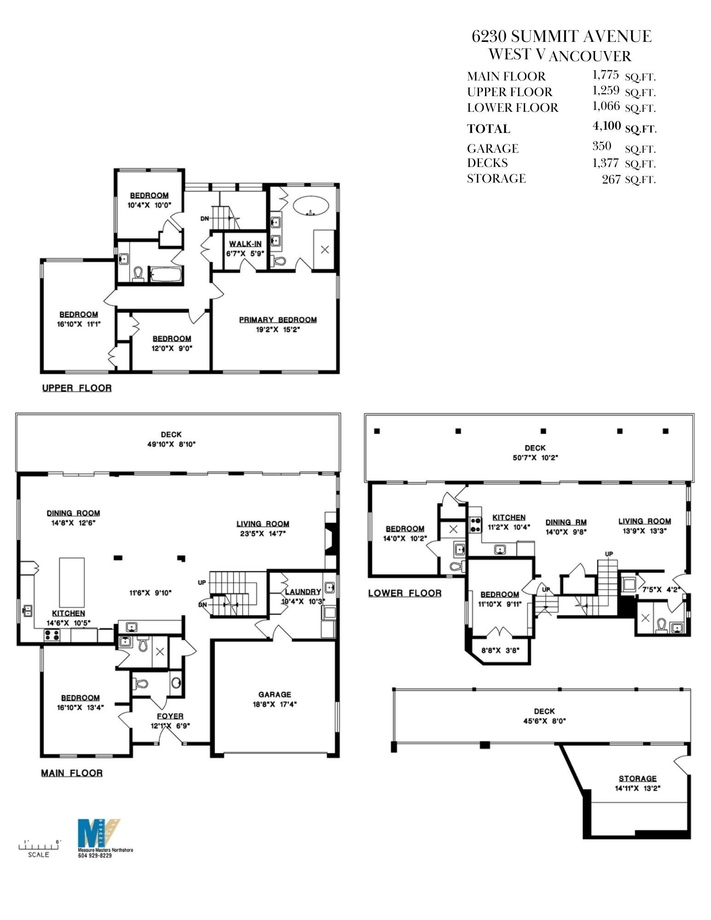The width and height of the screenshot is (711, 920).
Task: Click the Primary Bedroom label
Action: pyautogui.click(x=277, y=320)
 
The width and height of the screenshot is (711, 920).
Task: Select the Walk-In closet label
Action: pyautogui.click(x=245, y=244)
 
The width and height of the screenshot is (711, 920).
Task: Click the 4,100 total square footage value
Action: pyautogui.click(x=607, y=126)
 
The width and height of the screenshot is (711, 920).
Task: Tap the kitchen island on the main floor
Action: pyautogui.click(x=72, y=582)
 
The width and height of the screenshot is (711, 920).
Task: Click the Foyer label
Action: pyautogui.click(x=170, y=716)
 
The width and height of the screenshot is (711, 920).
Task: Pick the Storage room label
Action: pyautogui.click(x=637, y=778)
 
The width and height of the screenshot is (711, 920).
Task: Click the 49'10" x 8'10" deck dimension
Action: pyautogui.click(x=171, y=444)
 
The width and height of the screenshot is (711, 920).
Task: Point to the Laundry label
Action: pyautogui.click(x=302, y=592)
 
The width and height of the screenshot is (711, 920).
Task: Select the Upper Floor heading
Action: pyautogui.click(x=77, y=388)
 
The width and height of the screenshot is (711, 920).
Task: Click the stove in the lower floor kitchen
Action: pyautogui.click(x=474, y=525)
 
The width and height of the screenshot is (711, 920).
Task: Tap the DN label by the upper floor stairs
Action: pyautogui.click(x=205, y=218)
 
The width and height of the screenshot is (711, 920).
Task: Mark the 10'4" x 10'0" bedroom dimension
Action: pyautogui.click(x=149, y=205)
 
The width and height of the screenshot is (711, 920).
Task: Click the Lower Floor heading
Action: pyautogui.click(x=405, y=593)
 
